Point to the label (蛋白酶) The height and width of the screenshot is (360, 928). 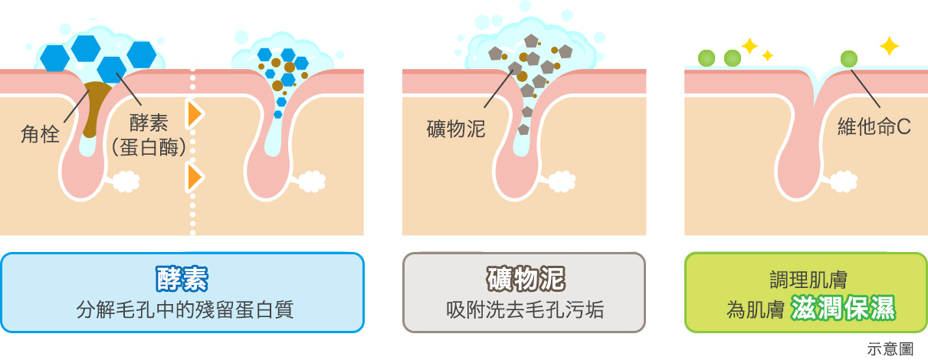(x=149, y=147)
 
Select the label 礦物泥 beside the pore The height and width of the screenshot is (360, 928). (x=456, y=129)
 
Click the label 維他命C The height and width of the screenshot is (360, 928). (x=874, y=127)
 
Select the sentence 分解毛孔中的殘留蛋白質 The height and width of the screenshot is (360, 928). (x=185, y=310)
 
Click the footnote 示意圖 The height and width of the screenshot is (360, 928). (x=890, y=349)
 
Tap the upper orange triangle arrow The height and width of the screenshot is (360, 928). (x=195, y=113)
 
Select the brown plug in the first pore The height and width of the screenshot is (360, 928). (x=95, y=107)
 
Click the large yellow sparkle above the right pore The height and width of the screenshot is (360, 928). (x=888, y=46)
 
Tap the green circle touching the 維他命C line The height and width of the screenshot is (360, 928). (x=848, y=58)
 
